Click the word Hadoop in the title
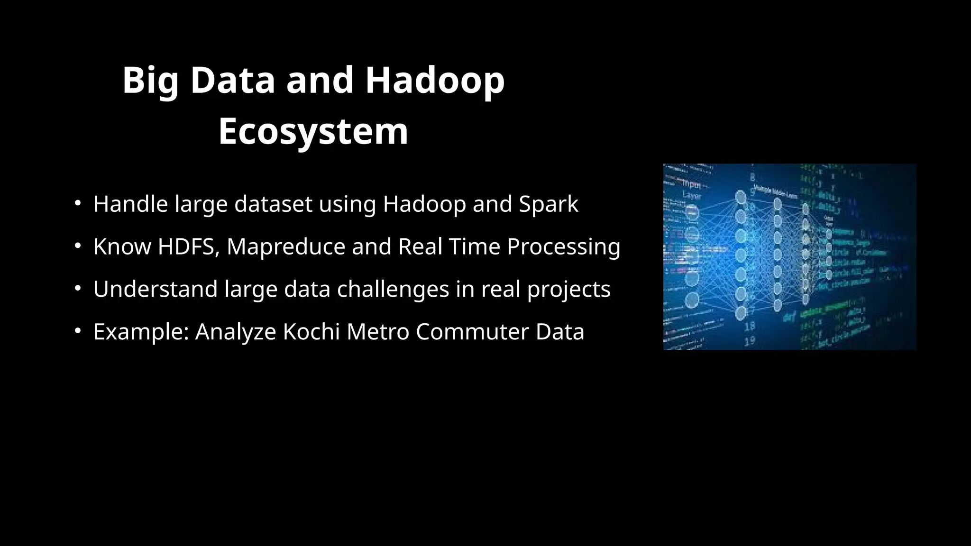pyautogui.click(x=435, y=81)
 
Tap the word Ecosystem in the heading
pyautogui.click(x=313, y=131)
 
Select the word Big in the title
pyautogui.click(x=150, y=81)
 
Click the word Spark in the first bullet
pyautogui.click(x=548, y=204)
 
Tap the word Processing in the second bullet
pyautogui.click(x=563, y=247)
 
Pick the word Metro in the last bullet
pyautogui.click(x=378, y=332)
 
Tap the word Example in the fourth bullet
pyautogui.click(x=141, y=332)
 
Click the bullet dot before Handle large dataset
pyautogui.click(x=77, y=204)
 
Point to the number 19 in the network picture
pyautogui.click(x=750, y=340)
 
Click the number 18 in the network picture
pyautogui.click(x=750, y=326)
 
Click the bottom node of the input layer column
pyautogui.click(x=692, y=300)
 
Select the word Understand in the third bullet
pyautogui.click(x=155, y=290)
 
